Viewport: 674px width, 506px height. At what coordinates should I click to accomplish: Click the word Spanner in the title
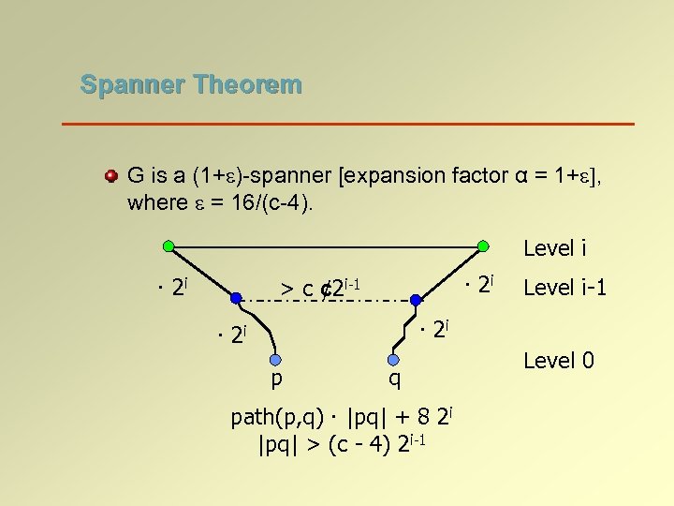(x=132, y=84)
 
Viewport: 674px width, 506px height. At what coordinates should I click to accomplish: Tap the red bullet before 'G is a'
(x=110, y=176)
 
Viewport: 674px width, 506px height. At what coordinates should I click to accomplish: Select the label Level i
(x=555, y=248)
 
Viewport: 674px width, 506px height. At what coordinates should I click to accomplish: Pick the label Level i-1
(x=565, y=288)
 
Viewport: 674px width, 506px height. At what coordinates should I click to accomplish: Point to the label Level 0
(x=559, y=360)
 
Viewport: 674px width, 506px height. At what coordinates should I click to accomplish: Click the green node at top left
(x=168, y=246)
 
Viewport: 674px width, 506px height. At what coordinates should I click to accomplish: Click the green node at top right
(x=483, y=246)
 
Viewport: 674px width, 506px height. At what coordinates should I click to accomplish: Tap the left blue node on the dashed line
(x=236, y=300)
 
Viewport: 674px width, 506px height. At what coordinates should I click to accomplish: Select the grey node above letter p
(x=276, y=359)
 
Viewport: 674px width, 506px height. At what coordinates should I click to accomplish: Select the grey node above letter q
(x=395, y=359)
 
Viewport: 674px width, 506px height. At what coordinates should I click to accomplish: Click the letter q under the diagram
(x=395, y=379)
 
